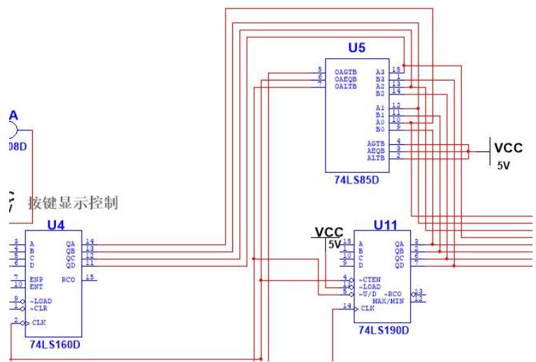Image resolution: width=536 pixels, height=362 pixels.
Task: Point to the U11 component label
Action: [x=385, y=225]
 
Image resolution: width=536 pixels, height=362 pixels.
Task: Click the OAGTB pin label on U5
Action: [x=344, y=71]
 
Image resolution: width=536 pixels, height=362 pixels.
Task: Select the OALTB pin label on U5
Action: [x=344, y=85]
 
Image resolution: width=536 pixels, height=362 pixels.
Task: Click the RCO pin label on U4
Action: [x=69, y=279]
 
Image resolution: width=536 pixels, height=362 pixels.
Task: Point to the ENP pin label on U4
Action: [x=36, y=279]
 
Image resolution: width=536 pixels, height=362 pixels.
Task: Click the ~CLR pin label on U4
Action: [x=39, y=308]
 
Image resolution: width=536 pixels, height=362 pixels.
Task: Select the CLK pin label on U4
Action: [x=39, y=323]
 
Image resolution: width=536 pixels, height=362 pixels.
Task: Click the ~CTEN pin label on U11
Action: [x=369, y=279]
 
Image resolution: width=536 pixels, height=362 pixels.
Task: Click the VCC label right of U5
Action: [x=509, y=148]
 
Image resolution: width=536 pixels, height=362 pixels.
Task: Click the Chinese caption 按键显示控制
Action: [x=73, y=204]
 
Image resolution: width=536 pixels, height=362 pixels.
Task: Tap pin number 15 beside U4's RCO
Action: [x=90, y=277]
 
